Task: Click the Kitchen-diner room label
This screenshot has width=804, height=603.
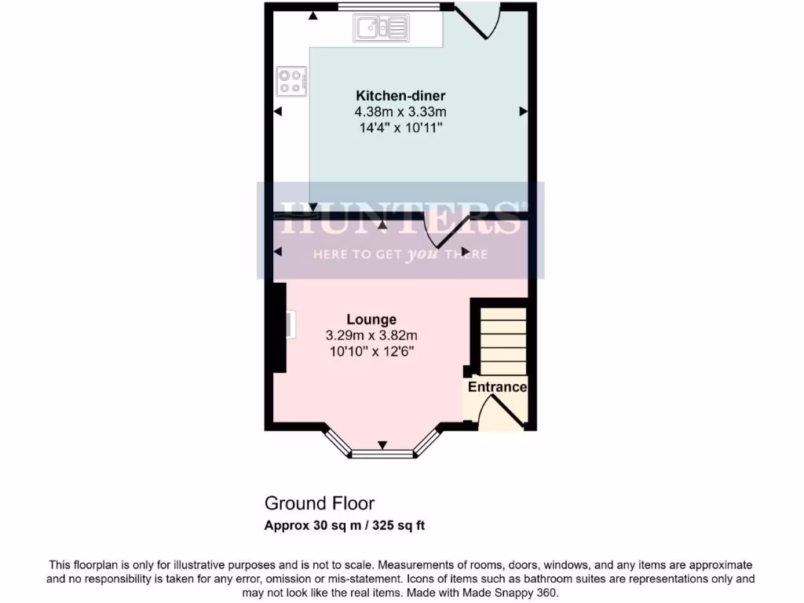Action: pyautogui.click(x=400, y=97)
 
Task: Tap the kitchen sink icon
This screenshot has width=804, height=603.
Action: pyautogui.click(x=382, y=29)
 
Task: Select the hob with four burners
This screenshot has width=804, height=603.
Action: pyautogui.click(x=291, y=82)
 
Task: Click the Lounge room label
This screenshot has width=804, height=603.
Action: pyautogui.click(x=371, y=320)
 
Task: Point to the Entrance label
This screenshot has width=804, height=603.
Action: pyautogui.click(x=497, y=387)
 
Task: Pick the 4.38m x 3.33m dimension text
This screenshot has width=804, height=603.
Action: pyautogui.click(x=400, y=112)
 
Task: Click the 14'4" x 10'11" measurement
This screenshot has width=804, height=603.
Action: pyautogui.click(x=400, y=128)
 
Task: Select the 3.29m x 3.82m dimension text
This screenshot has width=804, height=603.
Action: pyautogui.click(x=371, y=335)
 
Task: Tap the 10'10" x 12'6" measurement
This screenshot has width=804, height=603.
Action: pyautogui.click(x=371, y=351)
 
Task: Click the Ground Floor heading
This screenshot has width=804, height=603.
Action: pyautogui.click(x=320, y=503)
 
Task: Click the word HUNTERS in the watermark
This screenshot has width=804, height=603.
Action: pyautogui.click(x=400, y=217)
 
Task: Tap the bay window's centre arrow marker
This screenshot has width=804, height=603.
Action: pyautogui.click(x=382, y=446)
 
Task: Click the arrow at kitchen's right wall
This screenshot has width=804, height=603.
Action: pyautogui.click(x=523, y=112)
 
